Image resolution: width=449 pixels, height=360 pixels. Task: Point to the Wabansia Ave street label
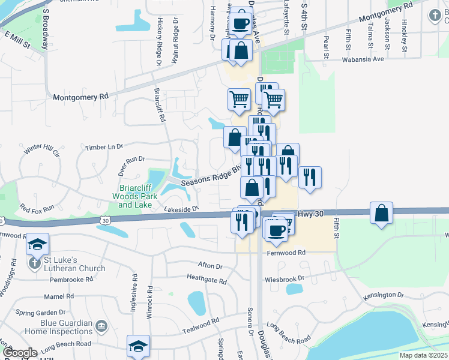point(363,59)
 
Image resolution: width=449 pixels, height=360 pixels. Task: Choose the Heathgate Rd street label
point(206,280)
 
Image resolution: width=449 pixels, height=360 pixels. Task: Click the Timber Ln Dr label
point(104,146)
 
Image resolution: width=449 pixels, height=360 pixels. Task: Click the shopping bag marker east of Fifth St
point(381,213)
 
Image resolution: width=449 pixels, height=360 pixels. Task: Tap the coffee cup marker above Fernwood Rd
point(276,230)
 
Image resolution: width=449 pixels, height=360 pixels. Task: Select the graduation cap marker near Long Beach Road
point(138,346)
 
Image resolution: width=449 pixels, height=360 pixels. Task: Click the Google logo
point(20,352)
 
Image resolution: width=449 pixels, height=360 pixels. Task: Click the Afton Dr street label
point(210,266)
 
